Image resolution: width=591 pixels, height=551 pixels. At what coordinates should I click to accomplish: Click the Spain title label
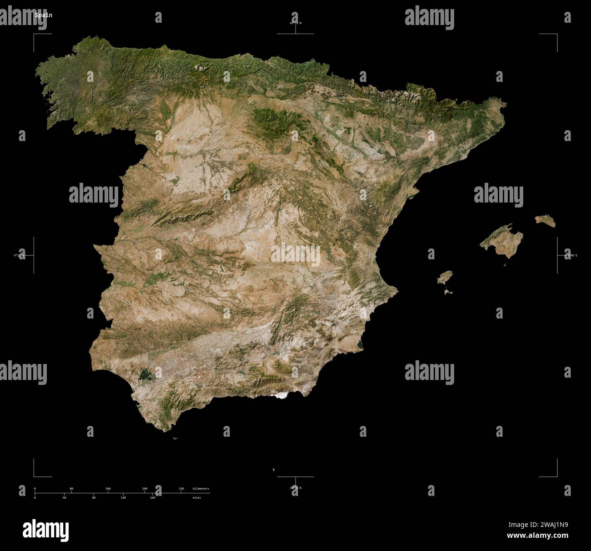pyautogui.click(x=44, y=15)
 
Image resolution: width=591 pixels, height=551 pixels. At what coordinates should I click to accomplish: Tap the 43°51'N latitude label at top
pyautogui.click(x=295, y=23)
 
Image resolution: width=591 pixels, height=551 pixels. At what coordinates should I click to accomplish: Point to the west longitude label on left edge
pyautogui.click(x=19, y=256)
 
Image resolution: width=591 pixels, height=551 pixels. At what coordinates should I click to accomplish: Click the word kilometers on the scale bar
pyautogui.click(x=200, y=488)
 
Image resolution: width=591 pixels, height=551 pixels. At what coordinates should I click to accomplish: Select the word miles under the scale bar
pyautogui.click(x=196, y=498)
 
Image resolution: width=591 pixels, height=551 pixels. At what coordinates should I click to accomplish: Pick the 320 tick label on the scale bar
pyautogui.click(x=181, y=488)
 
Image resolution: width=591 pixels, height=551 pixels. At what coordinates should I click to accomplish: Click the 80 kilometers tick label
pyautogui.click(x=71, y=488)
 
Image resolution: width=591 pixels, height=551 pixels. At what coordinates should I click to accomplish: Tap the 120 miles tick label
pyautogui.click(x=123, y=498)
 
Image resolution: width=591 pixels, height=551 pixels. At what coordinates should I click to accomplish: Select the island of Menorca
pyautogui.click(x=545, y=221)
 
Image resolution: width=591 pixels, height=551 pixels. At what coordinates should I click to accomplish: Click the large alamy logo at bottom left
pyautogui.click(x=45, y=530)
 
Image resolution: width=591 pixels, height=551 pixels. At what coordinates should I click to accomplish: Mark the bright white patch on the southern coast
pyautogui.click(x=284, y=396)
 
